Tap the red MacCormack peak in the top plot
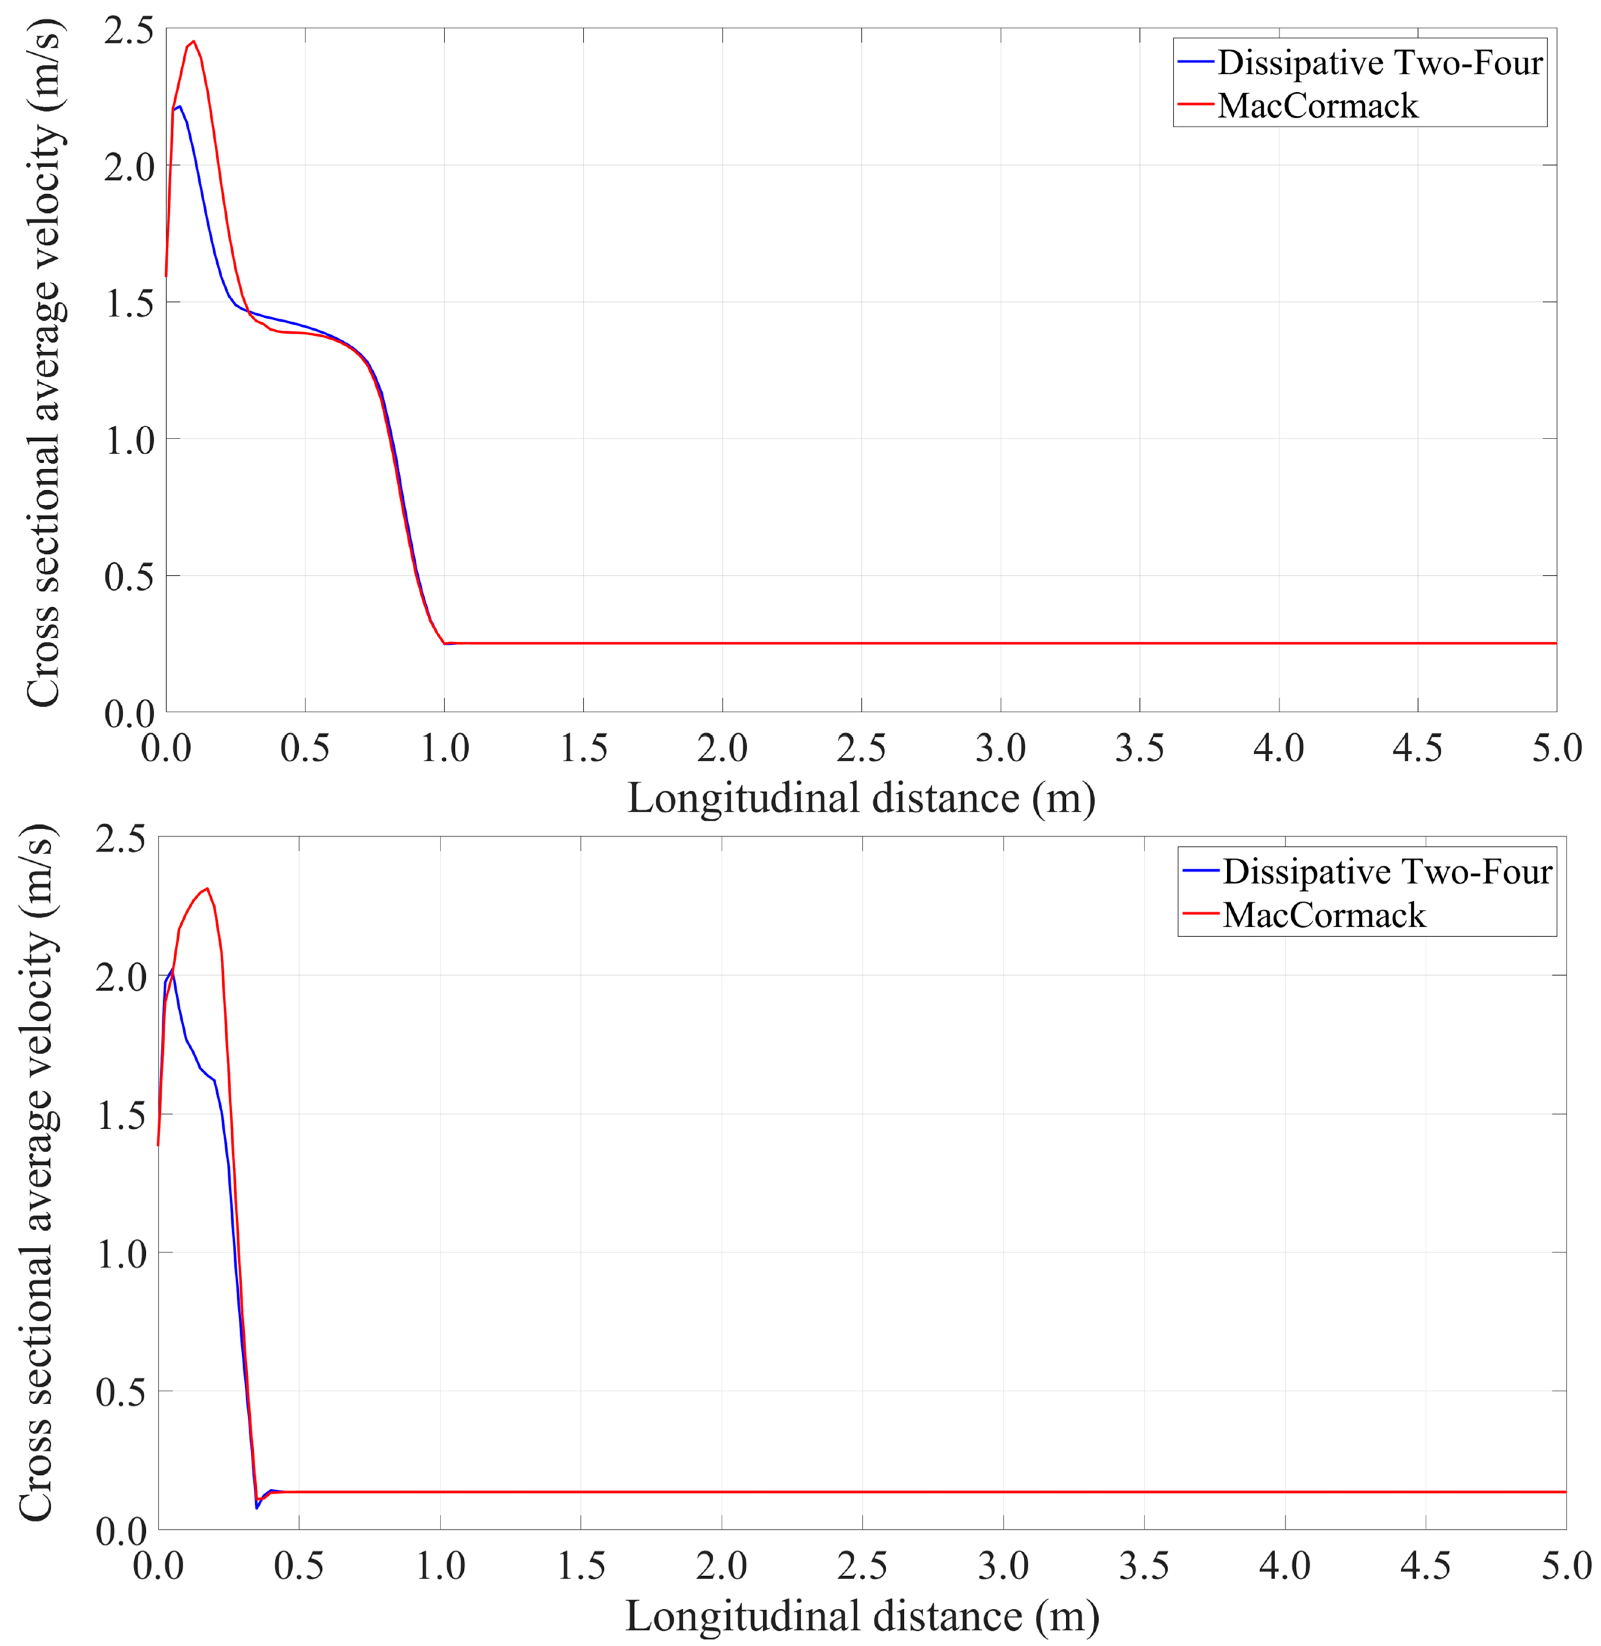point(193,41)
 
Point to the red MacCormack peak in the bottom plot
point(207,888)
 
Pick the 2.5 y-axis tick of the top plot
point(129,30)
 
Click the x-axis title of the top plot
point(861,798)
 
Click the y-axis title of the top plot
point(44,370)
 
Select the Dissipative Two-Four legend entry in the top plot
point(1379,63)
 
